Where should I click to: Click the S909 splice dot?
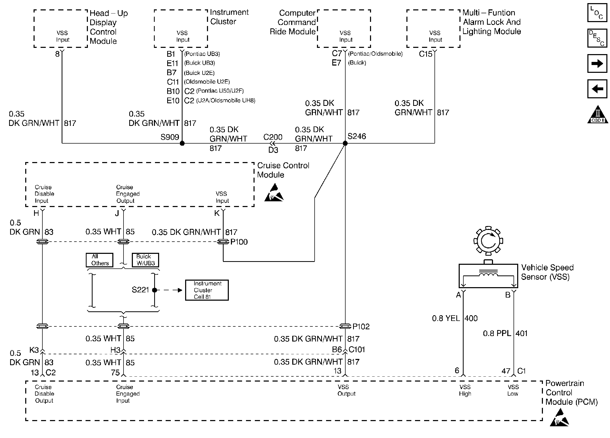coord(182,143)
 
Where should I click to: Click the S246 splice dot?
coord(345,143)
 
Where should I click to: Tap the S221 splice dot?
coord(154,290)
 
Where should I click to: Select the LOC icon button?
coord(597,13)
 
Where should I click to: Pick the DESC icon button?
coord(597,38)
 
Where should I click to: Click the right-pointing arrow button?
coord(597,63)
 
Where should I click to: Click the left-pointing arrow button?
coord(597,89)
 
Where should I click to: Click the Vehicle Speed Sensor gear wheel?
coord(488,241)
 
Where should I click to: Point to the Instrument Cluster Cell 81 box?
coord(207,290)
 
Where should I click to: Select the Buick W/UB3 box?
coord(145,260)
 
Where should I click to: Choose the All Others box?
coord(100,260)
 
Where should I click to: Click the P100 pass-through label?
coord(239,242)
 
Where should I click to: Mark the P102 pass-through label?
coord(361,327)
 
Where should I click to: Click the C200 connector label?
coord(273,137)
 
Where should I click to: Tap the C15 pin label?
coord(425,54)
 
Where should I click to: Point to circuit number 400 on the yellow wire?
coord(471,318)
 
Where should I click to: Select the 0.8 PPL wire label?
coord(497,333)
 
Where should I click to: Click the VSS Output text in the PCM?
coord(346,390)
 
